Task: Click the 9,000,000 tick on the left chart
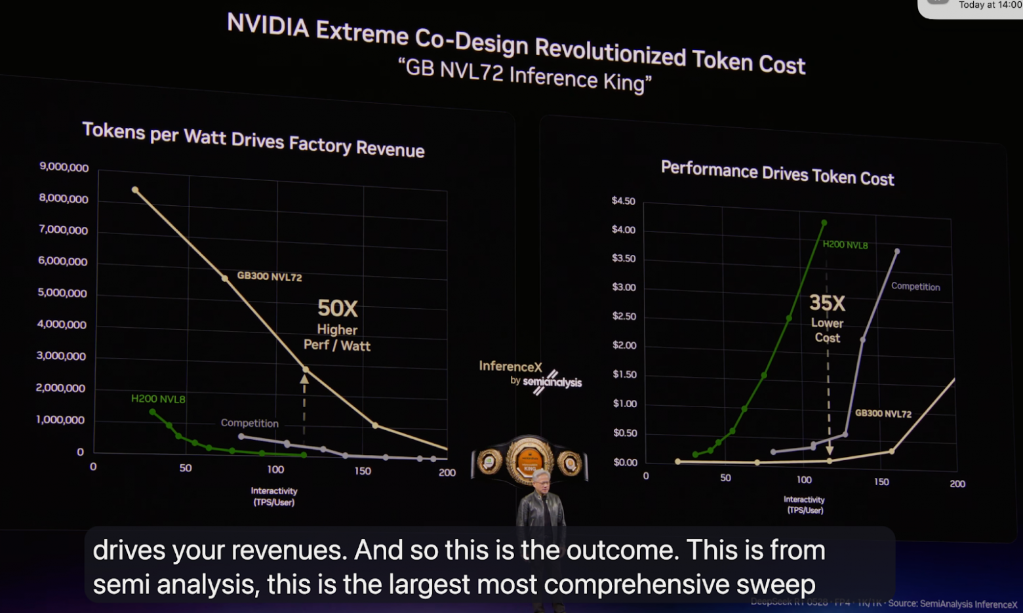(64, 167)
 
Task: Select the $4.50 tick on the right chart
(623, 201)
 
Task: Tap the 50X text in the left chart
(338, 308)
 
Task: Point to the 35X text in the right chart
(827, 303)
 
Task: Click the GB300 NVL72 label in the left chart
(270, 277)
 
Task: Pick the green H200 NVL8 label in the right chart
(845, 245)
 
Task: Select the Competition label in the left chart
(249, 423)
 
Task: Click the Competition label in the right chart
(915, 287)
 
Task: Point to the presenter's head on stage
(541, 479)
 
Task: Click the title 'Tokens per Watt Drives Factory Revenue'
(253, 140)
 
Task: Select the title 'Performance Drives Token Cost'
(777, 174)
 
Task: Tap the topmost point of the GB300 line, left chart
(135, 190)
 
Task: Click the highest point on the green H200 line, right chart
(824, 223)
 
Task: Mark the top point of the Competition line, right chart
(896, 251)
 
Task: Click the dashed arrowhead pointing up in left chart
(304, 379)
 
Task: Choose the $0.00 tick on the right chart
(625, 462)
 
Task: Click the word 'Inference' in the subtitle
(553, 77)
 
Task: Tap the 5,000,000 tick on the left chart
(62, 293)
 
